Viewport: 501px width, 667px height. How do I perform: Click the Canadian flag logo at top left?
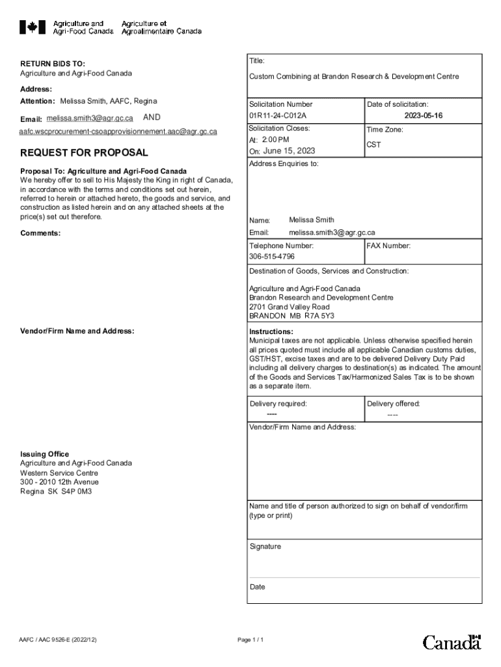click(x=32, y=27)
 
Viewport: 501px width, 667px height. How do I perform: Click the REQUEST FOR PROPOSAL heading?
click(x=84, y=153)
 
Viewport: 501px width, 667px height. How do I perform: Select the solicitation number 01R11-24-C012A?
click(x=277, y=116)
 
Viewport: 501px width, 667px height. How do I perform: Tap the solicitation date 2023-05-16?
click(x=423, y=116)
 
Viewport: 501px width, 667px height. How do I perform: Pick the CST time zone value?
click(x=374, y=145)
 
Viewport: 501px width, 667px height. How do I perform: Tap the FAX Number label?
click(x=388, y=246)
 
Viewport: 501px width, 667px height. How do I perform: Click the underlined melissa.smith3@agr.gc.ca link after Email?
click(x=90, y=119)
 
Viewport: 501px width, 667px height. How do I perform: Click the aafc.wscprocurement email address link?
click(x=118, y=132)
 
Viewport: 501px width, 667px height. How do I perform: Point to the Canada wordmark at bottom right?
click(x=452, y=642)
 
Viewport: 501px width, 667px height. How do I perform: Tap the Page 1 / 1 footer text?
click(x=251, y=640)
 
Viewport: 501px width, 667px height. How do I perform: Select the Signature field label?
click(x=265, y=546)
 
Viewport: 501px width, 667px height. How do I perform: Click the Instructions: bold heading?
click(x=271, y=332)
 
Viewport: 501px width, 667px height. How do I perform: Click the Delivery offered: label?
click(x=394, y=404)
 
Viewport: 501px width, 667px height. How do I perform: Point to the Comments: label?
click(x=40, y=233)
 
